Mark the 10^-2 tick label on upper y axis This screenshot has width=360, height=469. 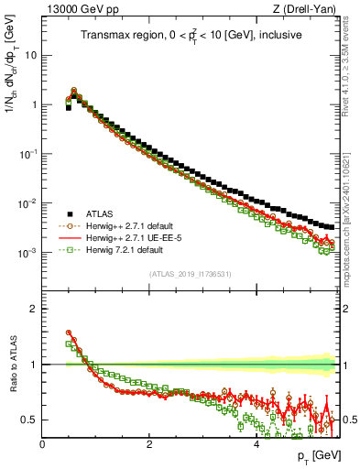[x=29, y=202]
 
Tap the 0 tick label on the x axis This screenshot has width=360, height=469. [x=42, y=444]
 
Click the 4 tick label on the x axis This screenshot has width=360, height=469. [x=256, y=444]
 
